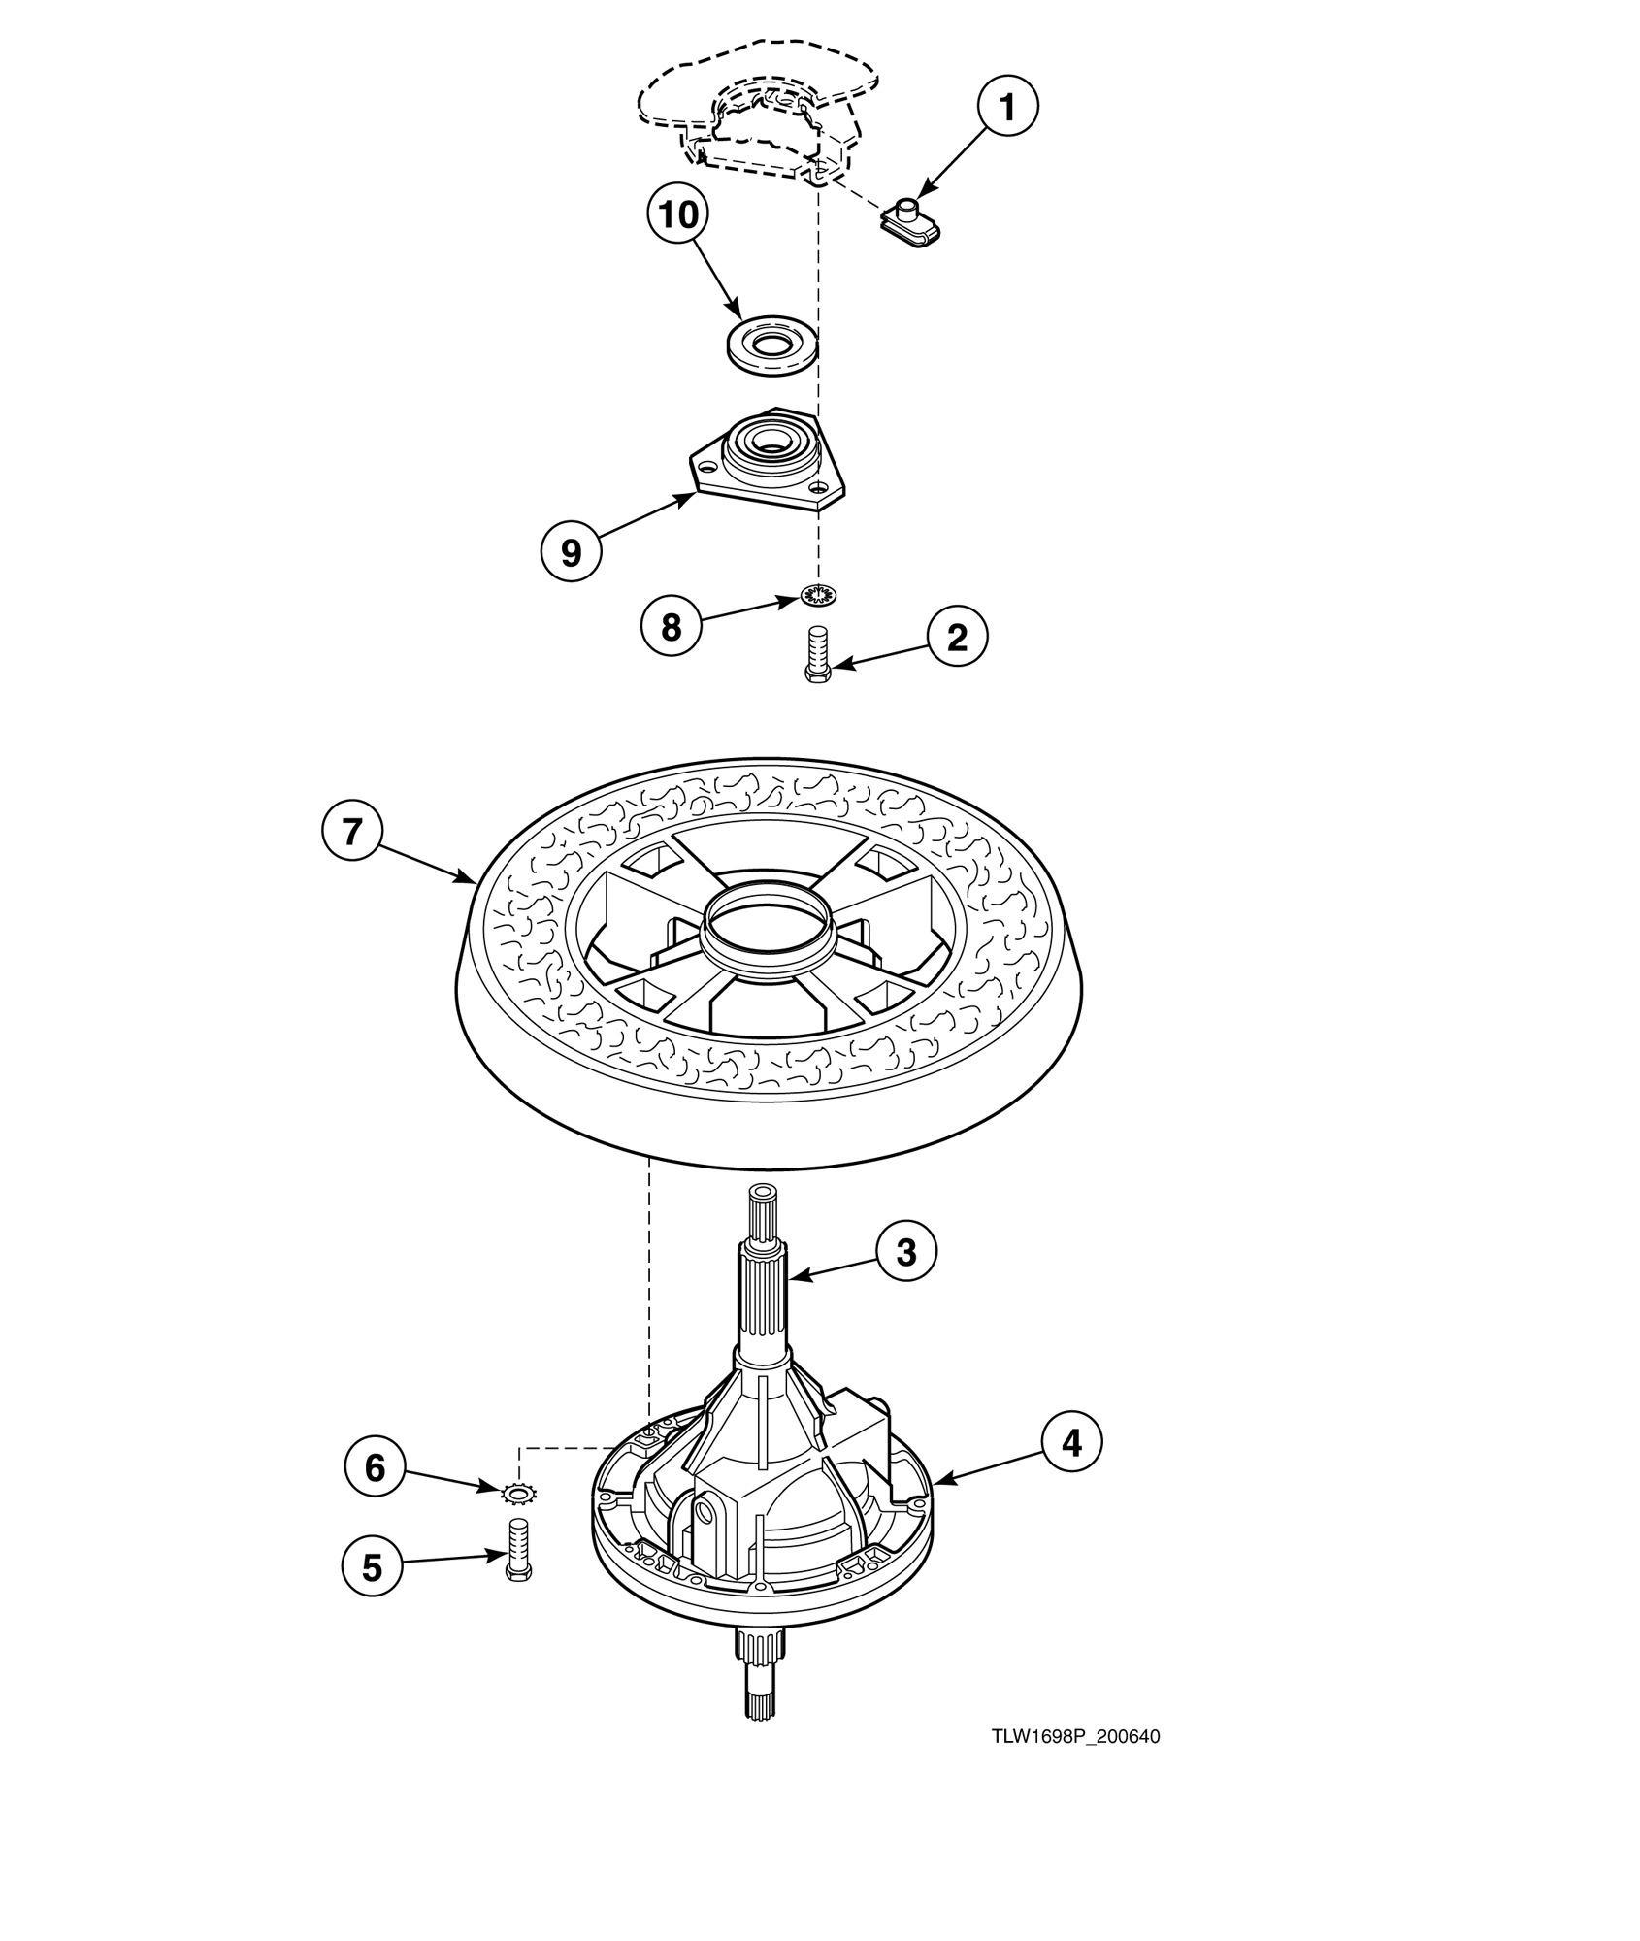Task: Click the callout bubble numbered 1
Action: coord(1007,107)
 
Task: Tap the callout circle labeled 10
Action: coord(678,214)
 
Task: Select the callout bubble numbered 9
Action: coord(571,552)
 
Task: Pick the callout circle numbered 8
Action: coord(671,627)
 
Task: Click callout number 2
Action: coord(957,638)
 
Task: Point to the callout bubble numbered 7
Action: coord(352,832)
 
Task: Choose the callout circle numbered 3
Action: coord(906,1252)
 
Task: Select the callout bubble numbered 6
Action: coord(376,1468)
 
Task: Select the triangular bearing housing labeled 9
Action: coord(767,461)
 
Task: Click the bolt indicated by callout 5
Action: coord(517,1548)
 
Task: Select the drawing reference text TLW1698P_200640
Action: coord(1075,1736)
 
